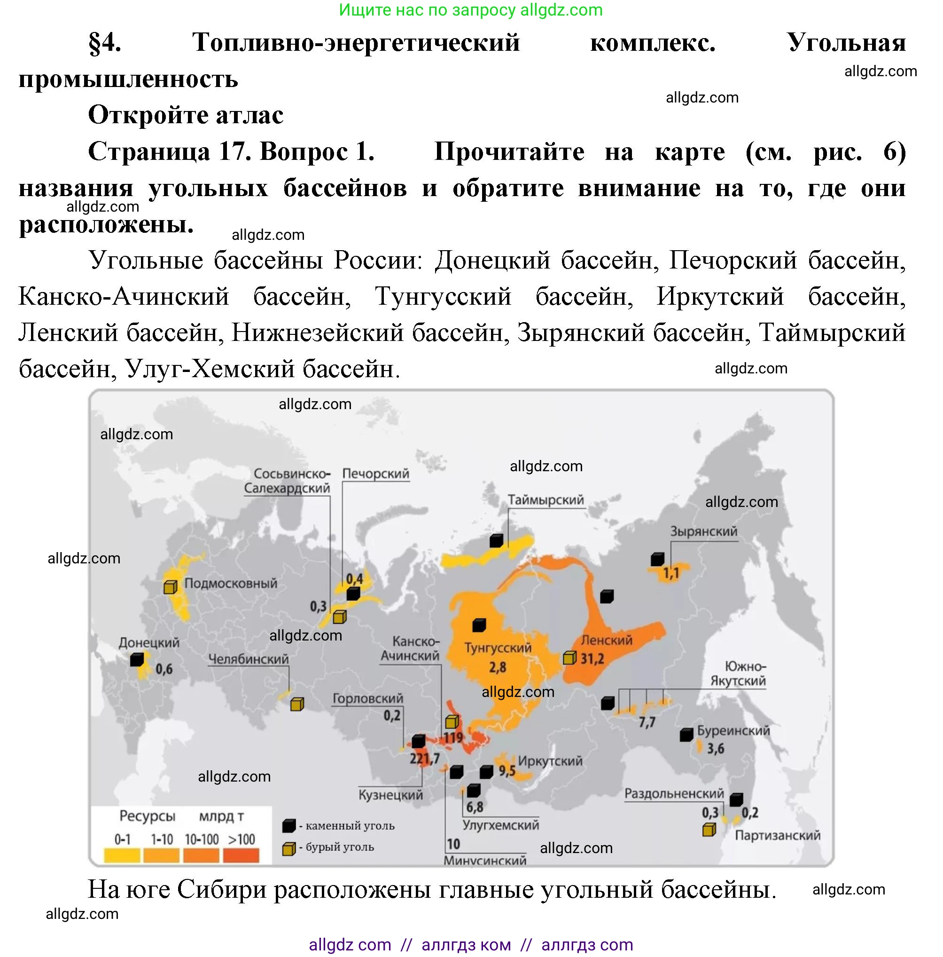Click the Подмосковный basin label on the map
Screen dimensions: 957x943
point(230,583)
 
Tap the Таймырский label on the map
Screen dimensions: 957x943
point(546,500)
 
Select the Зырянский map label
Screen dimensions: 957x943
point(703,531)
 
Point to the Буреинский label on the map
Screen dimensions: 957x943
point(733,731)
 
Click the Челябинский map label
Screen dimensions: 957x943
point(248,659)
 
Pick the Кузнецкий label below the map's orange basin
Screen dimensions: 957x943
point(390,795)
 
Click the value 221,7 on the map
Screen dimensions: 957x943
point(424,759)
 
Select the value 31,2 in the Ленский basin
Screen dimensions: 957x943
point(592,659)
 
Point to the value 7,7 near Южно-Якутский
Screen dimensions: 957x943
point(647,722)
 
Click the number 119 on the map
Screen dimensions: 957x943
point(453,738)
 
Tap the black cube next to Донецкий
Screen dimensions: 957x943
point(137,660)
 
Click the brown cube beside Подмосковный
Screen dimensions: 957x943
point(170,587)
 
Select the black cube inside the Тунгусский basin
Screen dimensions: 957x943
point(479,625)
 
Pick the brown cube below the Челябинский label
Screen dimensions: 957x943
point(296,704)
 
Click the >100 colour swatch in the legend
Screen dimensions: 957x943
point(241,855)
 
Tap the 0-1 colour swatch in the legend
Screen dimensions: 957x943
point(122,855)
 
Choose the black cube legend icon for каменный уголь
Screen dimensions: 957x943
point(288,826)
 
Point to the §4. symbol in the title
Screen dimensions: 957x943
point(104,43)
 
